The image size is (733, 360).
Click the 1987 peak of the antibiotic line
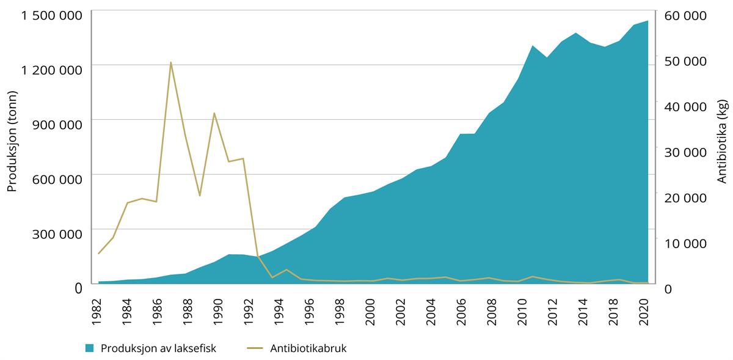[x=171, y=62]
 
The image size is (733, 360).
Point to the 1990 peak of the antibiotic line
[x=214, y=113]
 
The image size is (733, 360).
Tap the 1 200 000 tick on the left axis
[x=52, y=70]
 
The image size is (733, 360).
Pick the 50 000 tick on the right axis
[x=685, y=62]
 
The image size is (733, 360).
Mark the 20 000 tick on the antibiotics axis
[x=685, y=198]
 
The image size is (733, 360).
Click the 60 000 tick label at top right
[x=685, y=17]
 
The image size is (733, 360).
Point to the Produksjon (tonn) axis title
[x=12, y=141]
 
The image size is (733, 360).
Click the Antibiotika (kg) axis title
[x=722, y=141]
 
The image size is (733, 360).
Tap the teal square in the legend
[x=90, y=348]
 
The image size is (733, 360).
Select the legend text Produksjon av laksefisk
[x=158, y=348]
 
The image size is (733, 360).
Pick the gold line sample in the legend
[x=255, y=348]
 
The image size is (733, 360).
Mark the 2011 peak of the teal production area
[x=533, y=46]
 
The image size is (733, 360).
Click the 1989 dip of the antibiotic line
[x=200, y=196]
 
